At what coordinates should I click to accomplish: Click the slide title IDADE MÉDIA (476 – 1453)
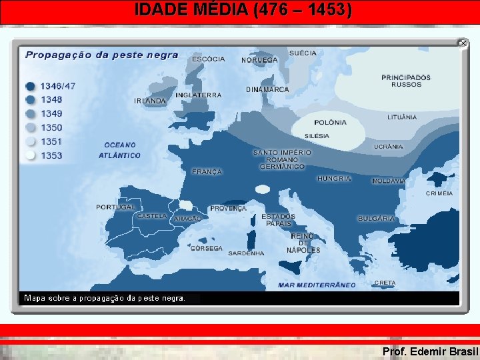243,10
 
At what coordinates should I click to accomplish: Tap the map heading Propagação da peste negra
101,55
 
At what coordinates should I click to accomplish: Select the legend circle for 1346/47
31,86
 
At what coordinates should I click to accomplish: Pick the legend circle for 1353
31,155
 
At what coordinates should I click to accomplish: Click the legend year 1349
51,113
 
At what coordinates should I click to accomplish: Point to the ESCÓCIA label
209,59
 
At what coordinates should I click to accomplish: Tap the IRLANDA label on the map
150,101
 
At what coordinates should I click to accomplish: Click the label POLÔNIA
331,122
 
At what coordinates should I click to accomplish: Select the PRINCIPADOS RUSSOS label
406,81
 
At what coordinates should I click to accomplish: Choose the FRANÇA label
207,172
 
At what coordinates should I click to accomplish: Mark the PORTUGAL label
115,207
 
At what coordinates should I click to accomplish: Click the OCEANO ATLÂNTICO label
120,150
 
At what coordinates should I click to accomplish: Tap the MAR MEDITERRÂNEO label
317,285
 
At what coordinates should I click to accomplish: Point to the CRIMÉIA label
439,193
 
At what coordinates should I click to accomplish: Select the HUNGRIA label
334,179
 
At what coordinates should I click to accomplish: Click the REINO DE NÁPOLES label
303,243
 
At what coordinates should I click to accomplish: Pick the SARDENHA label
246,253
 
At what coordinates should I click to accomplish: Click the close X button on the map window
463,43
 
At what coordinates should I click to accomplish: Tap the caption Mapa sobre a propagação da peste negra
105,298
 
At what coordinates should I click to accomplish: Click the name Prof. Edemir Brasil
430,351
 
